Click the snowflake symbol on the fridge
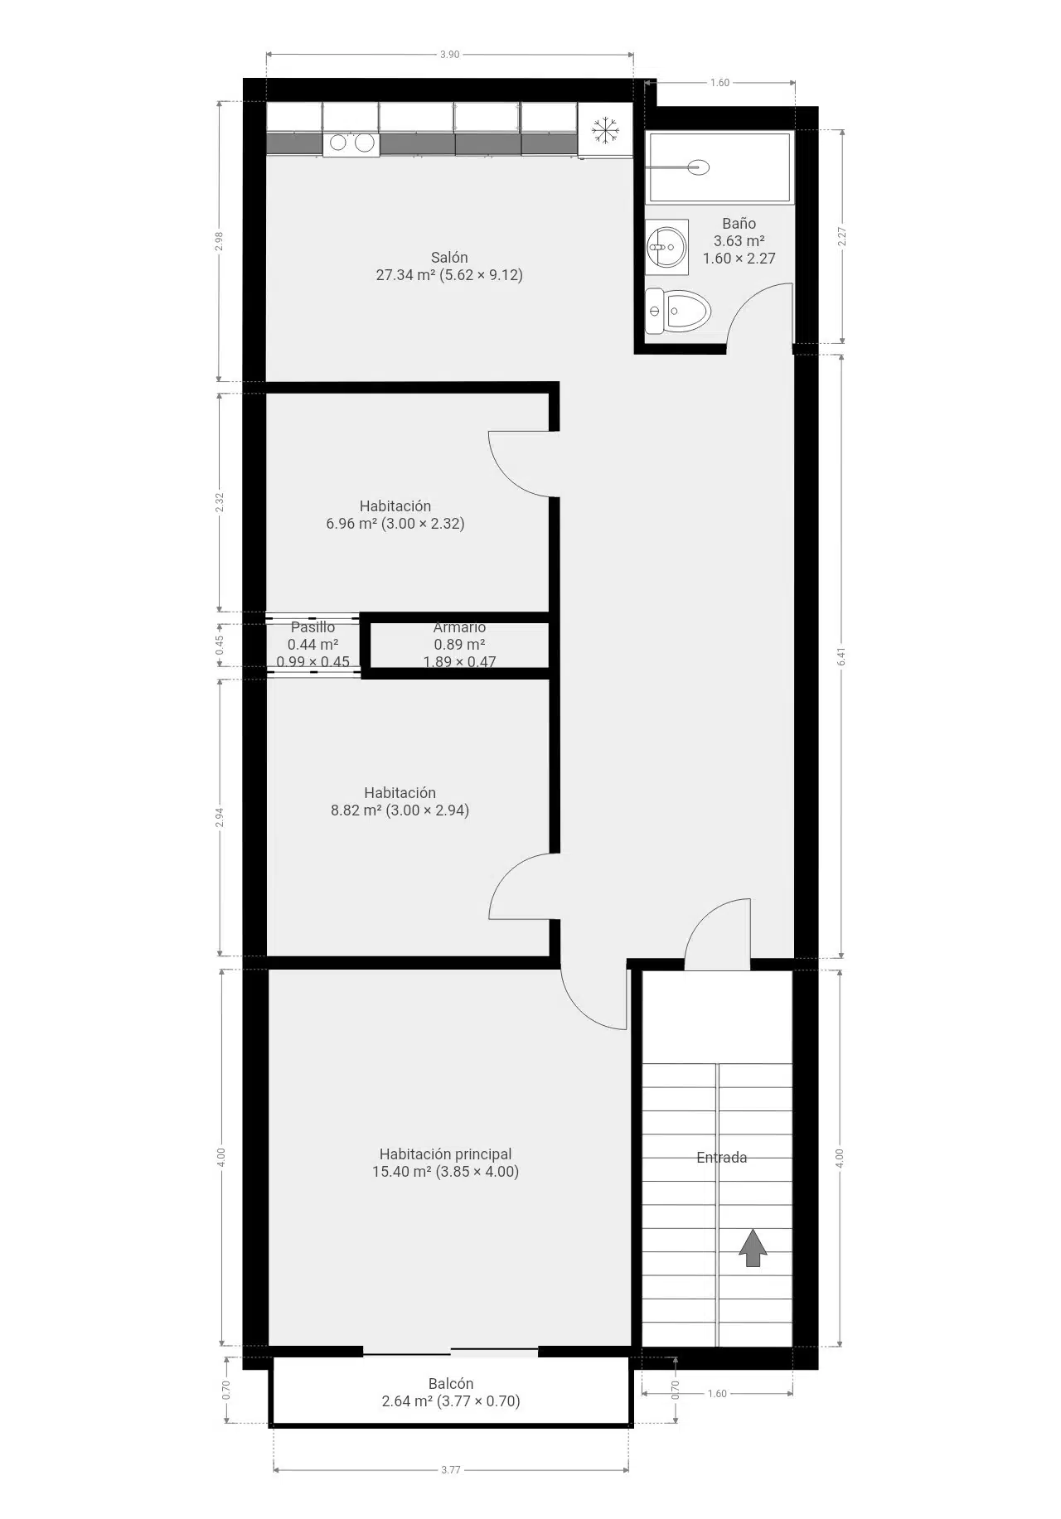[x=605, y=130]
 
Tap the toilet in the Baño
[x=678, y=312]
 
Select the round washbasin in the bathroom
[x=666, y=246]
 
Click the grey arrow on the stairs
[x=753, y=1247]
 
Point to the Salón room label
[x=449, y=257]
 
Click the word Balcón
[x=451, y=1383]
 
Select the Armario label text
[x=459, y=627]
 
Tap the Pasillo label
[x=312, y=627]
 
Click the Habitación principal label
[x=445, y=1154]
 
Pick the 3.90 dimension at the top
[x=449, y=55]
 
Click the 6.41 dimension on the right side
[x=842, y=656]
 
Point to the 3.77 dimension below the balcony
[x=450, y=1469]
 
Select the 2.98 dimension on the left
[x=219, y=240]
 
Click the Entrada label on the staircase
[x=721, y=1158]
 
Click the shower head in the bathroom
[x=699, y=167]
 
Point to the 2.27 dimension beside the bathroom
[x=842, y=237]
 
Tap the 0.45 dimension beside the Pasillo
[x=219, y=646]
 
